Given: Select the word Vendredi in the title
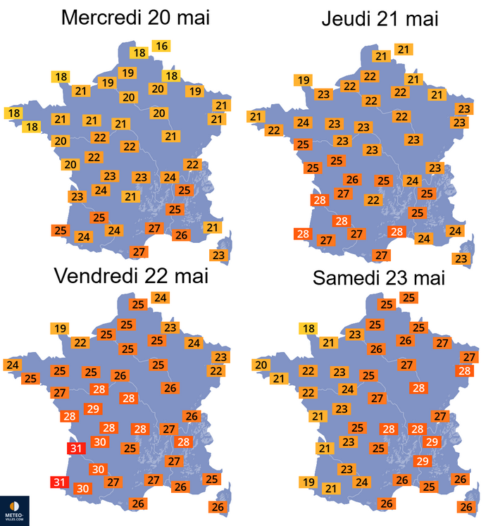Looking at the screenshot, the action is [96, 276].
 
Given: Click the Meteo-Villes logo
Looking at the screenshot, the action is [14, 511].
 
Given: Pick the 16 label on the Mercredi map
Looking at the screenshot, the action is [161, 46].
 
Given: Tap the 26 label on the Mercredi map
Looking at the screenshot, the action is [181, 235].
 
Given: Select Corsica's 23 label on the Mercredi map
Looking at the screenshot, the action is [218, 256].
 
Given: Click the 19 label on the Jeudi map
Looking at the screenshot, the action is [303, 80].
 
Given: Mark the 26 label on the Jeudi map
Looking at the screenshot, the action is [352, 180].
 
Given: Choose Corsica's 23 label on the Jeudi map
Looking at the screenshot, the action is [461, 258].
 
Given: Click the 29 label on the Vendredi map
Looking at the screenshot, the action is [93, 409].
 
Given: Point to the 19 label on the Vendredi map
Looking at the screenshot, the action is [60, 328].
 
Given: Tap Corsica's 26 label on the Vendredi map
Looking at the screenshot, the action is [218, 507].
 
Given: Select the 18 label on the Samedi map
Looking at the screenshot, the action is [308, 328].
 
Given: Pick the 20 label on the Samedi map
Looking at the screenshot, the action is [261, 365].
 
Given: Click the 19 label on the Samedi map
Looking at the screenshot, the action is [308, 482].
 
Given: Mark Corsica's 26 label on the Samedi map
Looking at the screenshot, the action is [466, 507].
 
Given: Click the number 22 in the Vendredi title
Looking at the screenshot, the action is [156, 276].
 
